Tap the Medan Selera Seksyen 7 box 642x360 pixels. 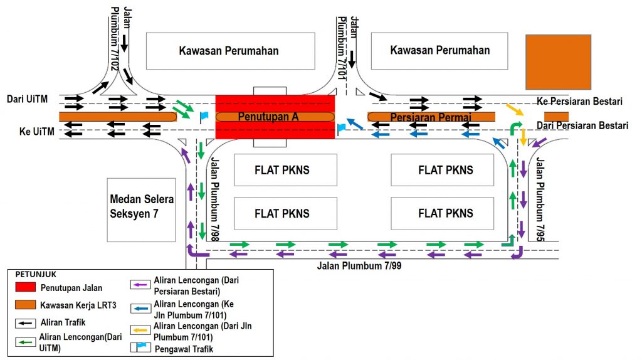point(141,207)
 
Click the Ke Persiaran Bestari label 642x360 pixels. point(579,102)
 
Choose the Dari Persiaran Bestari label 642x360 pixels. point(582,125)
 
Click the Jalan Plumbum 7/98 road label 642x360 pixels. point(215,197)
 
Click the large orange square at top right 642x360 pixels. point(558,62)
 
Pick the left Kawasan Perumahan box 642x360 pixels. point(230,51)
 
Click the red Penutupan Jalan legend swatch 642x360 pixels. point(24,288)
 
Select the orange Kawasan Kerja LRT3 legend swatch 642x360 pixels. point(24,305)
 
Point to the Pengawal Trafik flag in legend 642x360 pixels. point(139,348)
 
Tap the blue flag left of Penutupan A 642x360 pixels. point(204,117)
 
